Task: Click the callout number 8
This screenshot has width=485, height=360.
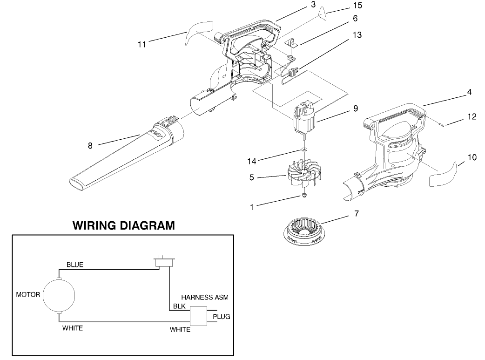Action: pyautogui.click(x=90, y=146)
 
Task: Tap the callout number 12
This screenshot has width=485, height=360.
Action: pyautogui.click(x=472, y=117)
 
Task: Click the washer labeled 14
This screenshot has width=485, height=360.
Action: pyautogui.click(x=303, y=149)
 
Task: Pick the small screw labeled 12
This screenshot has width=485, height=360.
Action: pyautogui.click(x=442, y=124)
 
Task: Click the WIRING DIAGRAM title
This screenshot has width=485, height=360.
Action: pyautogui.click(x=124, y=226)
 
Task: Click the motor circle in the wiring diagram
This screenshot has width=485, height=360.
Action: pyautogui.click(x=58, y=295)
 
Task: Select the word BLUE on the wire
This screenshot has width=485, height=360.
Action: pyautogui.click(x=75, y=265)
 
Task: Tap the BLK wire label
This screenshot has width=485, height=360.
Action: pyautogui.click(x=179, y=306)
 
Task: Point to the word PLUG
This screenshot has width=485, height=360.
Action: pyautogui.click(x=221, y=317)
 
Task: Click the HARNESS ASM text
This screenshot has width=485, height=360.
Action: pyautogui.click(x=205, y=296)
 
